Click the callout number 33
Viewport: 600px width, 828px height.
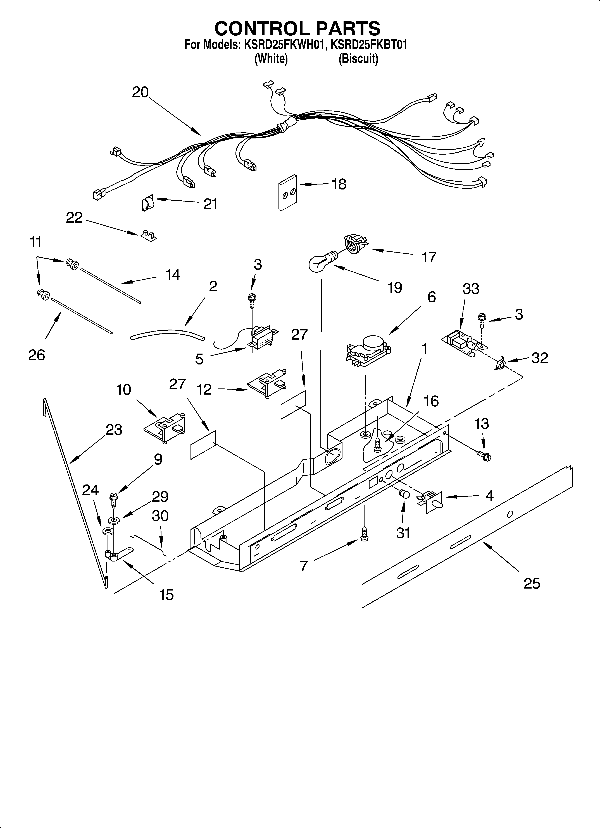click(x=471, y=289)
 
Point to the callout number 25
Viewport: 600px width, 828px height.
click(x=532, y=583)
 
